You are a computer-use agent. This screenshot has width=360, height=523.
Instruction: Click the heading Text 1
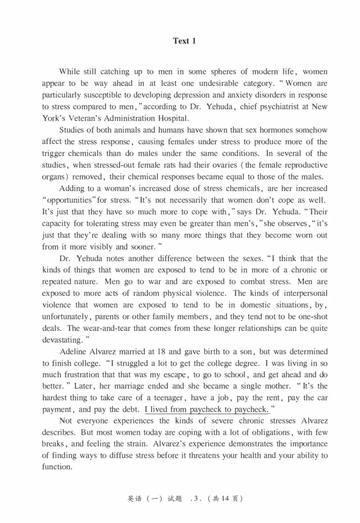[x=184, y=41]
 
